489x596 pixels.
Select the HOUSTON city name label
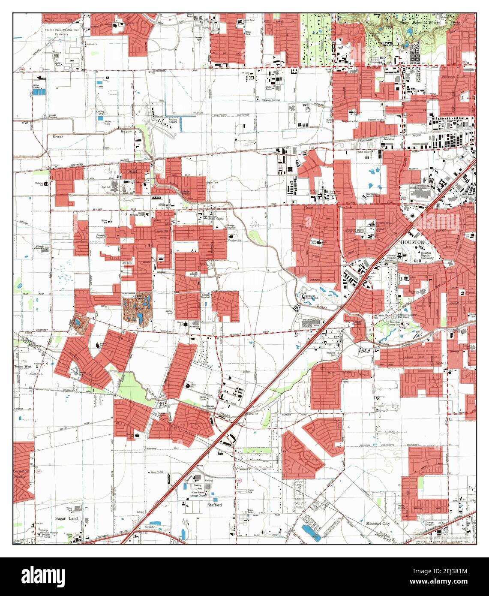[412, 242]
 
